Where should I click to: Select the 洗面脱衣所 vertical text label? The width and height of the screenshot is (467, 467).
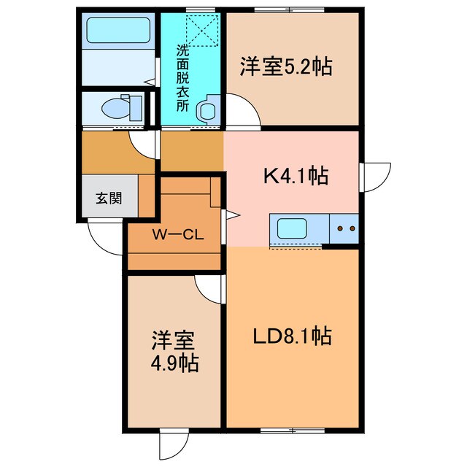click(x=183, y=78)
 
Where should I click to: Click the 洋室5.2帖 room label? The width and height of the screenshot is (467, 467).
click(x=286, y=68)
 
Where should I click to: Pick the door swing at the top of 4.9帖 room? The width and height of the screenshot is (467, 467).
click(x=208, y=288)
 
